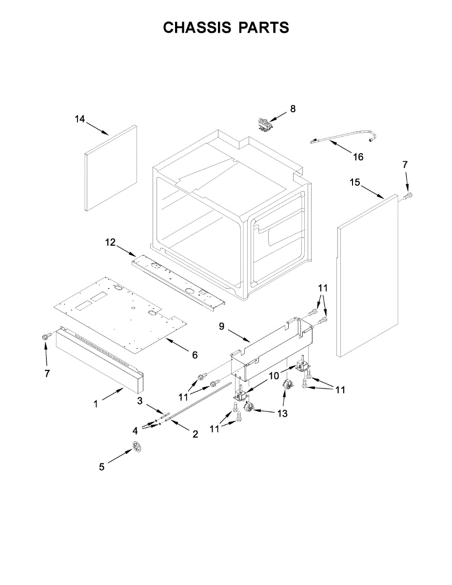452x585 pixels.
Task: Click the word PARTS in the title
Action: (x=264, y=28)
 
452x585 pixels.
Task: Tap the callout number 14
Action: (x=80, y=118)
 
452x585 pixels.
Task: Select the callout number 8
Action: (x=293, y=109)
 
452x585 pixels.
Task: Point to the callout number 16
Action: (x=358, y=157)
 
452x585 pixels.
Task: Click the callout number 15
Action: (x=355, y=182)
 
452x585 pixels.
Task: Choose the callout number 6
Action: (x=195, y=355)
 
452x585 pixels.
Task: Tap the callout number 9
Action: (x=221, y=327)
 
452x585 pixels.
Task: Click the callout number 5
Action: (x=101, y=467)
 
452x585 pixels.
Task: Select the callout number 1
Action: (x=96, y=404)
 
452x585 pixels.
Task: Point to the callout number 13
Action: (x=282, y=413)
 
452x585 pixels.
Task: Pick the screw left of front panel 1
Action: (x=47, y=336)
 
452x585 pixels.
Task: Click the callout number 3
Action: (x=139, y=401)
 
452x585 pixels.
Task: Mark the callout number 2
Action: (x=195, y=434)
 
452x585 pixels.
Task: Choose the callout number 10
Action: (x=274, y=376)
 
